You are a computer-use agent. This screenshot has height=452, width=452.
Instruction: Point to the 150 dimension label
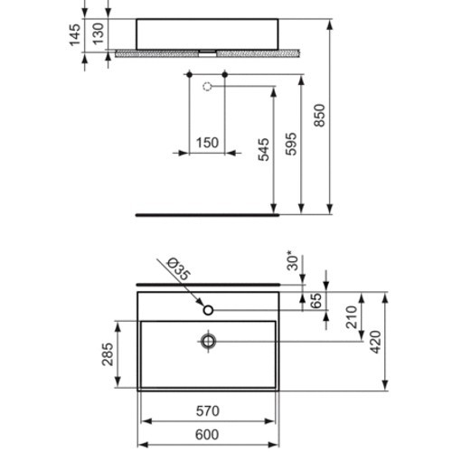click(207, 144)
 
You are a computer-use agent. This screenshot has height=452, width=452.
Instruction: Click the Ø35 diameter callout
click(179, 270)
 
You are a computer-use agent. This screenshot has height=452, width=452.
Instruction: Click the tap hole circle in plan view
click(209, 310)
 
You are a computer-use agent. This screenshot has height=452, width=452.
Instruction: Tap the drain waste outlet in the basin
click(208, 341)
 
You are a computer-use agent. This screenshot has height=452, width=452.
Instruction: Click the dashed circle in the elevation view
click(206, 87)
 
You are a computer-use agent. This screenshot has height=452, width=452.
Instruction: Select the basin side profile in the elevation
click(207, 33)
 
